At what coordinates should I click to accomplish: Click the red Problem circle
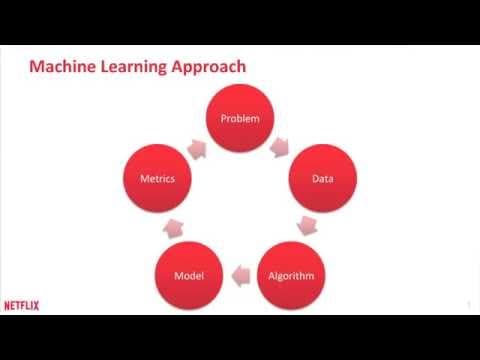coord(240,118)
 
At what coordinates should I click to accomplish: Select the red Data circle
coord(323,178)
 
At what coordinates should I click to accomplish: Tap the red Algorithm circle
coord(291,275)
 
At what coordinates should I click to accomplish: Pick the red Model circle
coord(189,275)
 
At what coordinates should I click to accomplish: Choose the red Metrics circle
coord(157,178)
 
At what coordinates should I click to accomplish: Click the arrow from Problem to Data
coord(279,147)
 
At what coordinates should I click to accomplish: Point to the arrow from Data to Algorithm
coord(307,226)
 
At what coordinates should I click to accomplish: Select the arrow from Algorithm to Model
coord(241,276)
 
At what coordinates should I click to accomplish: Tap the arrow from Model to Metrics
coord(173,228)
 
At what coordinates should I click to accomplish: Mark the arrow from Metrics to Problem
coord(197,149)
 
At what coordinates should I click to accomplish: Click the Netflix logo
coord(22,306)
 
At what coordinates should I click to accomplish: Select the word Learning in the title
coord(133,67)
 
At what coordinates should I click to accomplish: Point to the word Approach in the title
coord(209,67)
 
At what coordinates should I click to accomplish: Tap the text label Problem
coord(240,118)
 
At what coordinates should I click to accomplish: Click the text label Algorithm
coord(291,276)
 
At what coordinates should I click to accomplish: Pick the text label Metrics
coord(158,179)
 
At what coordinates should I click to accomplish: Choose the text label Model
coord(189,276)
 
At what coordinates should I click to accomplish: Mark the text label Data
coord(323,179)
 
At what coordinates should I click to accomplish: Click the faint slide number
coord(469,305)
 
